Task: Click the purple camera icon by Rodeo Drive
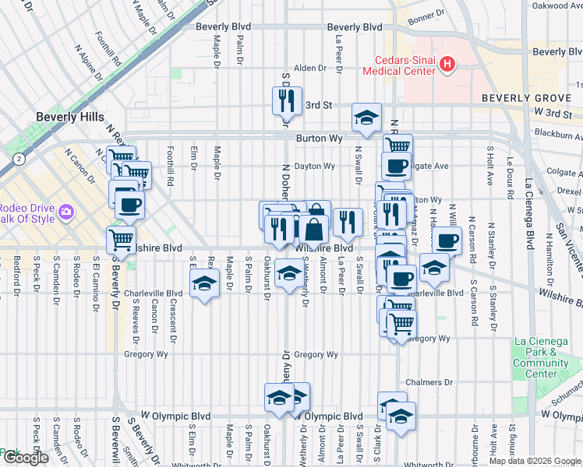[66, 211]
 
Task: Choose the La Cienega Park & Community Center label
[541, 357]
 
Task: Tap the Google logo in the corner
[26, 458]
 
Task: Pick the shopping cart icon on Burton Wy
[397, 146]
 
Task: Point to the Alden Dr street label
[309, 68]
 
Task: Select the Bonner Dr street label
[425, 14]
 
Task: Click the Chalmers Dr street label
[429, 382]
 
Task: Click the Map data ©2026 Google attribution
[535, 461]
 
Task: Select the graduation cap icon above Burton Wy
[365, 118]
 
